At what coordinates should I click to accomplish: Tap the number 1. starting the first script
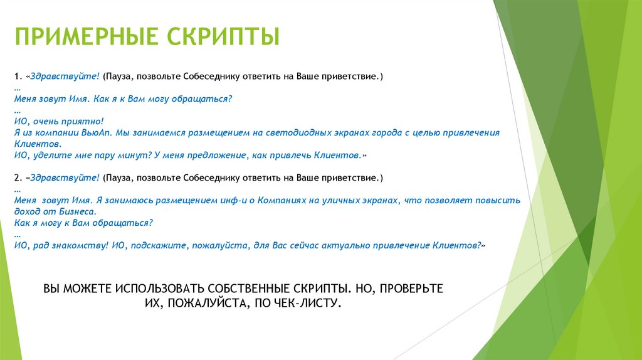coord(18,77)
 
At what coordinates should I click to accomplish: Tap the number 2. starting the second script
coord(18,177)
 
